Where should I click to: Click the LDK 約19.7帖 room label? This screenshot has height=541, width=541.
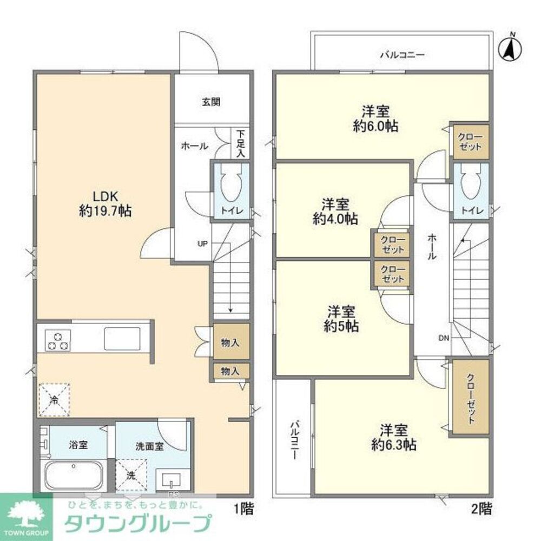[x=105, y=203]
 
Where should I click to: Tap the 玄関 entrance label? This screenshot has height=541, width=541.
[x=211, y=102]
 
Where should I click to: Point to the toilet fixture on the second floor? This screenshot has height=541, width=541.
[x=470, y=184]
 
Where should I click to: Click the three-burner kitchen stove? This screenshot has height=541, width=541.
[x=58, y=340]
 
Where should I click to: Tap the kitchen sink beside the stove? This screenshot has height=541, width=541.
[x=122, y=339]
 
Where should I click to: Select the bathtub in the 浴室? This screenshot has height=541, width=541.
[x=74, y=476]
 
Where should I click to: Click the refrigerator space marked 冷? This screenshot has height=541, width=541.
[x=54, y=399]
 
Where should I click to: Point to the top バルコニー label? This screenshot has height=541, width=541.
[x=402, y=55]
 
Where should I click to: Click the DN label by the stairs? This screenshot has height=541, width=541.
[x=444, y=338]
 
